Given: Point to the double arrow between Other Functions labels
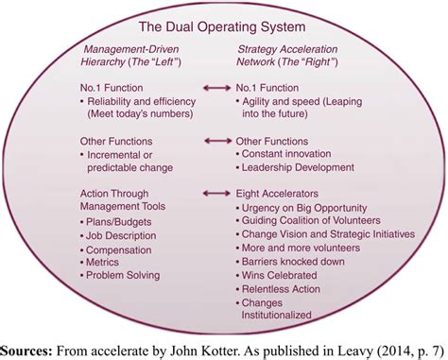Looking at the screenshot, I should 216,141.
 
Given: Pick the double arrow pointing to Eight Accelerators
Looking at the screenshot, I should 216,192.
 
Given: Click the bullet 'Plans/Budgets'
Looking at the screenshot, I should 123,219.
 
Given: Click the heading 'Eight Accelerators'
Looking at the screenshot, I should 273,192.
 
